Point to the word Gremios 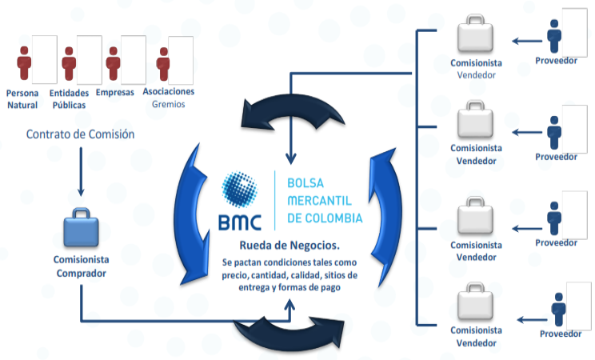pyautogui.click(x=169, y=104)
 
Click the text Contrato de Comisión pyautogui.click(x=80, y=134)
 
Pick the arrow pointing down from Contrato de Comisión pyautogui.click(x=81, y=171)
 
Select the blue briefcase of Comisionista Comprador pyautogui.click(x=82, y=229)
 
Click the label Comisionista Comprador pyautogui.click(x=82, y=266)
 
